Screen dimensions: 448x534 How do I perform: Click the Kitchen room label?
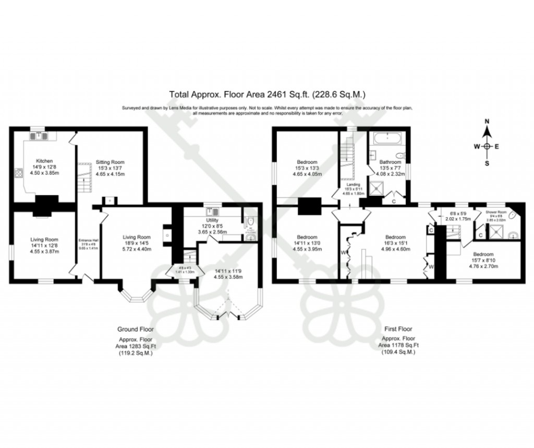click(44, 160)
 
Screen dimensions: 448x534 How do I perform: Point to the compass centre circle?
click(487, 146)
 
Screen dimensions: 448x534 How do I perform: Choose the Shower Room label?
click(496, 212)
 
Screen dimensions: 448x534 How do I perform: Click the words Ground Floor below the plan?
click(135, 329)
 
